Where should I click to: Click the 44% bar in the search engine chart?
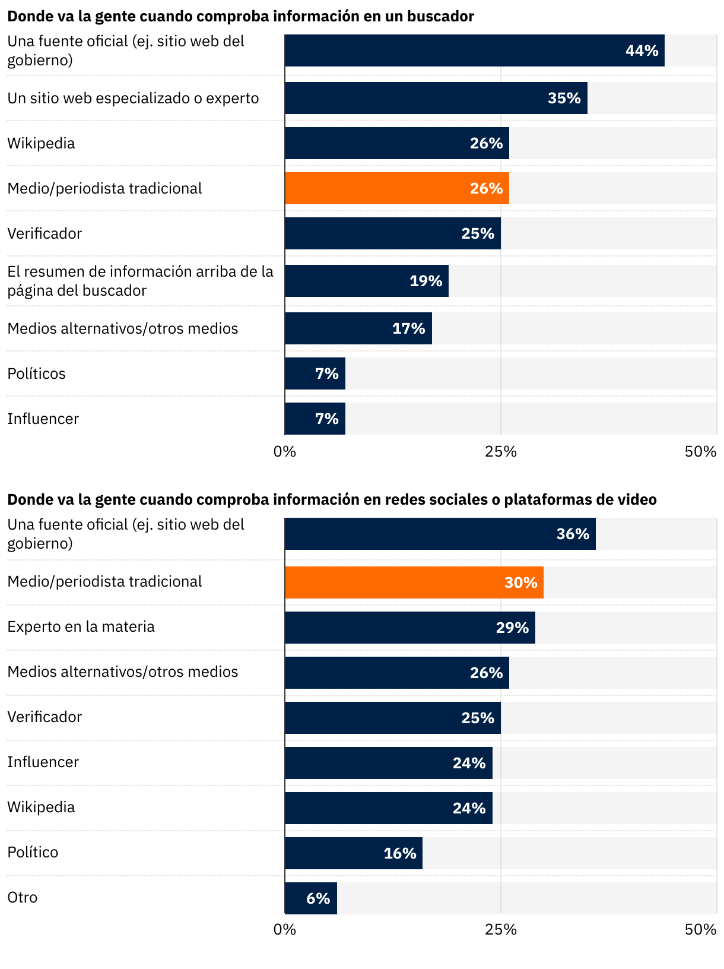474,50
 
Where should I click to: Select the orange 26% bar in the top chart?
396,188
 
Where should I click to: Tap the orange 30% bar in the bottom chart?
414,582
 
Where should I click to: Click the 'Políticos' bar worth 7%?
315,373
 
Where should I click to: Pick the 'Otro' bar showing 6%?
310,898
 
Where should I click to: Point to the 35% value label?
564,98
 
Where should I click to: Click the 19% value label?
425,281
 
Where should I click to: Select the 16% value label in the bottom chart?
399,853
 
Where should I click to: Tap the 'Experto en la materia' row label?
81,626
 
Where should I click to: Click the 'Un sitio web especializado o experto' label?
133,98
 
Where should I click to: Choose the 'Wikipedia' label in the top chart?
41,143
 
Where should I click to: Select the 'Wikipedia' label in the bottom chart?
41,807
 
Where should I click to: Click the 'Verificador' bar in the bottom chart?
392,718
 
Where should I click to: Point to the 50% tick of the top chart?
700,452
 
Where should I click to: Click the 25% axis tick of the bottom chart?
501,929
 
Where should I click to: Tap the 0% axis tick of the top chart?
285,452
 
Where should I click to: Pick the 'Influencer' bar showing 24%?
388,763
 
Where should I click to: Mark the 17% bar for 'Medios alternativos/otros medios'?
358,328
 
